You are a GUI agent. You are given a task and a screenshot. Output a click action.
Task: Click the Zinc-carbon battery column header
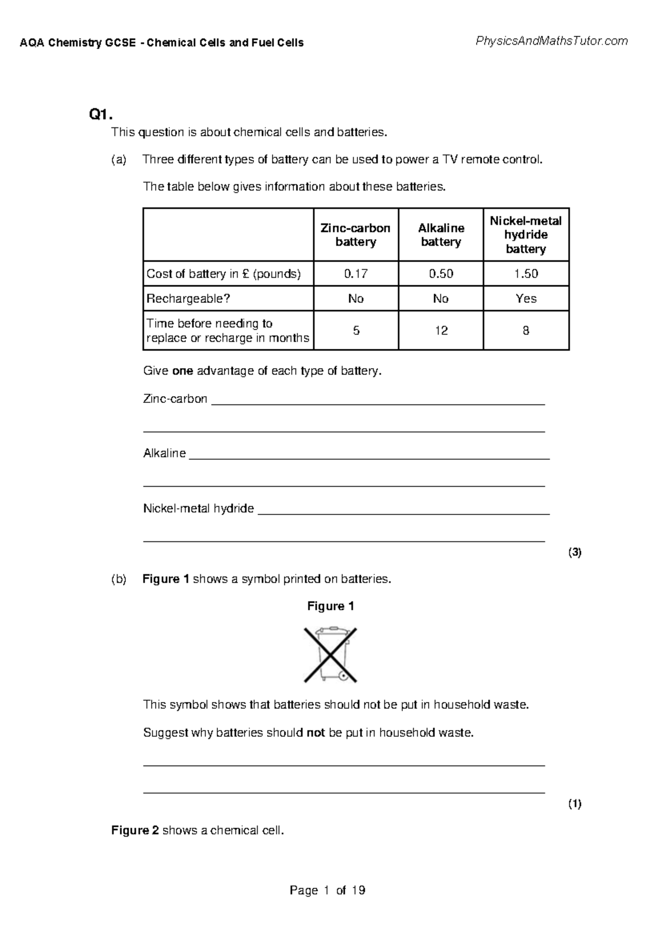[356, 235]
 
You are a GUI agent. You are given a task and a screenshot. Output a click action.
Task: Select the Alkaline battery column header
[441, 235]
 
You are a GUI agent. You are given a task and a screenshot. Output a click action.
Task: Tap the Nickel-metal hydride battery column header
[526, 235]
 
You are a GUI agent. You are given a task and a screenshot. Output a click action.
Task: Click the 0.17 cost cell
[356, 274]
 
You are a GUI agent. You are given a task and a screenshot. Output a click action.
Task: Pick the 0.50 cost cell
[441, 274]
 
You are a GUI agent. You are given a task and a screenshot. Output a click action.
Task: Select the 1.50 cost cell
[526, 274]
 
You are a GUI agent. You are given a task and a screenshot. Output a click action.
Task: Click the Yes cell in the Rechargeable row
[526, 299]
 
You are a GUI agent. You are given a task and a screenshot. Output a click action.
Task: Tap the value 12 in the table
[441, 331]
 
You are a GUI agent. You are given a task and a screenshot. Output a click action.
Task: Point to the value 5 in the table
[356, 331]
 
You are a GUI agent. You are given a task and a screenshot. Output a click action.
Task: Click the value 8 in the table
[526, 331]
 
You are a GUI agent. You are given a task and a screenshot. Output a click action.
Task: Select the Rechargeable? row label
[188, 299]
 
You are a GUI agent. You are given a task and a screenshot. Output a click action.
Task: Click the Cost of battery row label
[223, 274]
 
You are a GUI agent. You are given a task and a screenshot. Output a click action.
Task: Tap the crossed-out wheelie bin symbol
[330, 655]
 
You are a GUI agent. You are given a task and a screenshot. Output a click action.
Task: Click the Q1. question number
[100, 115]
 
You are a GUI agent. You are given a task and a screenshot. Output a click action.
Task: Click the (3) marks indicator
[575, 552]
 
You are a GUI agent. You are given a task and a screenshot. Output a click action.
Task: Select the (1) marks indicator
[575, 804]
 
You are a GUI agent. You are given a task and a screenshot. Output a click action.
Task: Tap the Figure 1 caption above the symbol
[330, 607]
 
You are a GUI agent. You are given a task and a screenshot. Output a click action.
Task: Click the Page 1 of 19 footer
[328, 890]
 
